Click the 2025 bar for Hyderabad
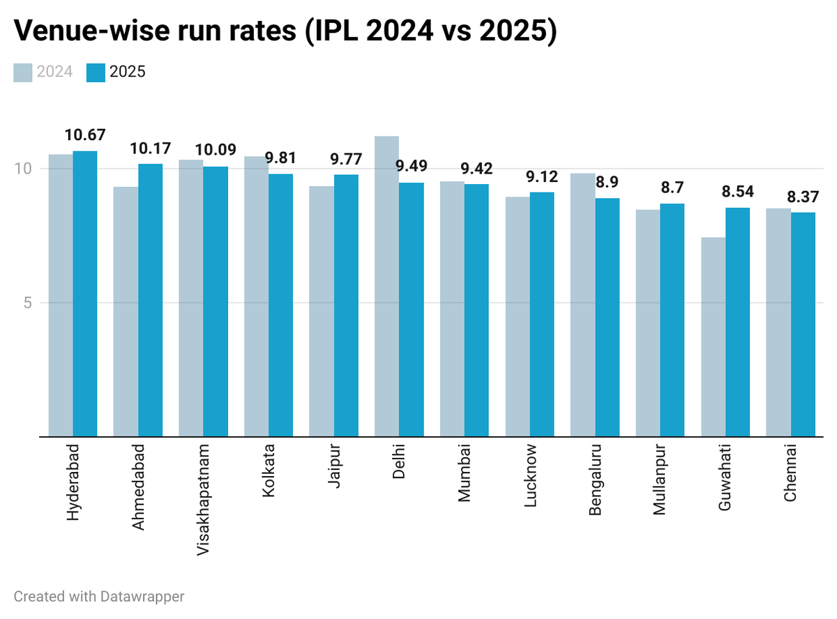pyautogui.click(x=85, y=293)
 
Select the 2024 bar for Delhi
pyautogui.click(x=386, y=286)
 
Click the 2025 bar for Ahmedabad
pyautogui.click(x=150, y=300)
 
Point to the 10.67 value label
pyautogui.click(x=85, y=135)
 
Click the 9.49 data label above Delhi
pyautogui.click(x=412, y=166)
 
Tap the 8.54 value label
pyautogui.click(x=737, y=191)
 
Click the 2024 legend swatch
pyautogui.click(x=23, y=72)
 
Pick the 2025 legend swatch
pyautogui.click(x=96, y=72)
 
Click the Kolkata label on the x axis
pyautogui.click(x=269, y=470)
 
